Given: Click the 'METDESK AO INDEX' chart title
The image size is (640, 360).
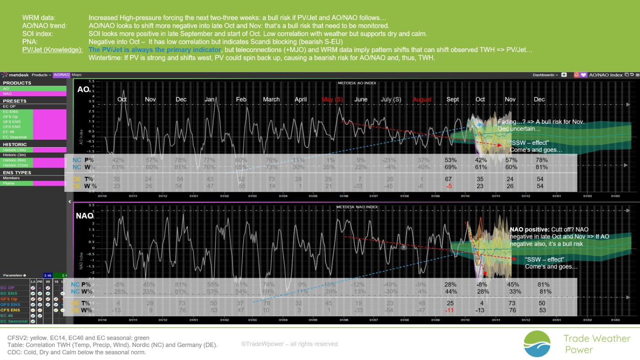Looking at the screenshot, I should click(x=357, y=83).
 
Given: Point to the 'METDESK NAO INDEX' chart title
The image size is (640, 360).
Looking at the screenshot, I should click(x=357, y=207).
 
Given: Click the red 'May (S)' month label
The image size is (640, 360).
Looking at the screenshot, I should click(x=332, y=100).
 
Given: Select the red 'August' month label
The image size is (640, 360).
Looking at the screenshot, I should click(x=422, y=100).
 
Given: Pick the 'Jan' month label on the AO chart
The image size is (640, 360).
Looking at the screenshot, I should click(x=210, y=100).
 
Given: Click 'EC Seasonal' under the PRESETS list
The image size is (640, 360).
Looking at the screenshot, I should click(x=15, y=137).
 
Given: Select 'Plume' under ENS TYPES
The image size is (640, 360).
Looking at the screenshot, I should click(x=9, y=183).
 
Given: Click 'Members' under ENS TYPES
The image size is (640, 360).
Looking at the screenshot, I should click(x=11, y=178).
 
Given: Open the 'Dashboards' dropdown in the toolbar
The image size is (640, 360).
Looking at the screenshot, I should click(x=545, y=75).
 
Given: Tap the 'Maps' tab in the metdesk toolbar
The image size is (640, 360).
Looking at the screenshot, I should click(x=76, y=75).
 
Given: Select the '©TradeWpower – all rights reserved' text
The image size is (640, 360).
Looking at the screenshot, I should click(x=289, y=344).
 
